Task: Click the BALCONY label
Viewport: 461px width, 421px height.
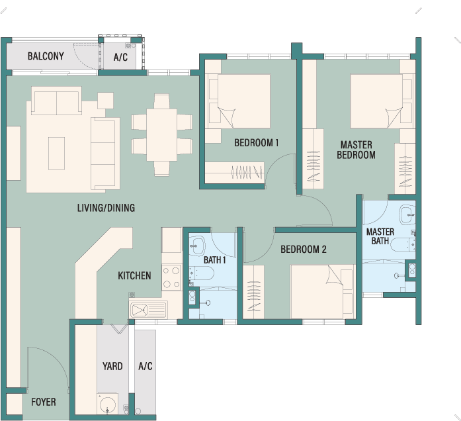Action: (x=46, y=56)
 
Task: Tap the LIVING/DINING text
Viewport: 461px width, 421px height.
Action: (x=106, y=208)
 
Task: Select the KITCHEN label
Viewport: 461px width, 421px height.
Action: (x=134, y=275)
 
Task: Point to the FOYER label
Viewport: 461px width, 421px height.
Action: (x=44, y=402)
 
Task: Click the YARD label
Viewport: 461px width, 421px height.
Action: (x=112, y=366)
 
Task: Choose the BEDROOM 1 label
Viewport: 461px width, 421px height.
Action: (x=257, y=143)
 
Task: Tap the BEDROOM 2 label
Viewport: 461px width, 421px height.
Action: (x=304, y=250)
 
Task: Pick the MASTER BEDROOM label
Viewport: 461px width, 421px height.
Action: (x=356, y=150)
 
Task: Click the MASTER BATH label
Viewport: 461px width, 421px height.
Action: (x=380, y=236)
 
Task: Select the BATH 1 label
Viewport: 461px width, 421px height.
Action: (x=214, y=260)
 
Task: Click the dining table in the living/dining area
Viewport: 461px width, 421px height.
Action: (x=161, y=135)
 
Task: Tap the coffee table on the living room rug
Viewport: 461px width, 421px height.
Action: (x=56, y=154)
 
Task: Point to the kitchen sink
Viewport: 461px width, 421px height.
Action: (x=148, y=310)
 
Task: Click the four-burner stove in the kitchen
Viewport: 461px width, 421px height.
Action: (x=172, y=277)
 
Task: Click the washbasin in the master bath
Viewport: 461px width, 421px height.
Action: (x=407, y=214)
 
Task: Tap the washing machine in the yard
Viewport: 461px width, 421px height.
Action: (x=107, y=404)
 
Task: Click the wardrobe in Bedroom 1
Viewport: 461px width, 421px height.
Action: (x=234, y=172)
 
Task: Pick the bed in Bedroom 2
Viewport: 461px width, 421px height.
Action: (x=323, y=291)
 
